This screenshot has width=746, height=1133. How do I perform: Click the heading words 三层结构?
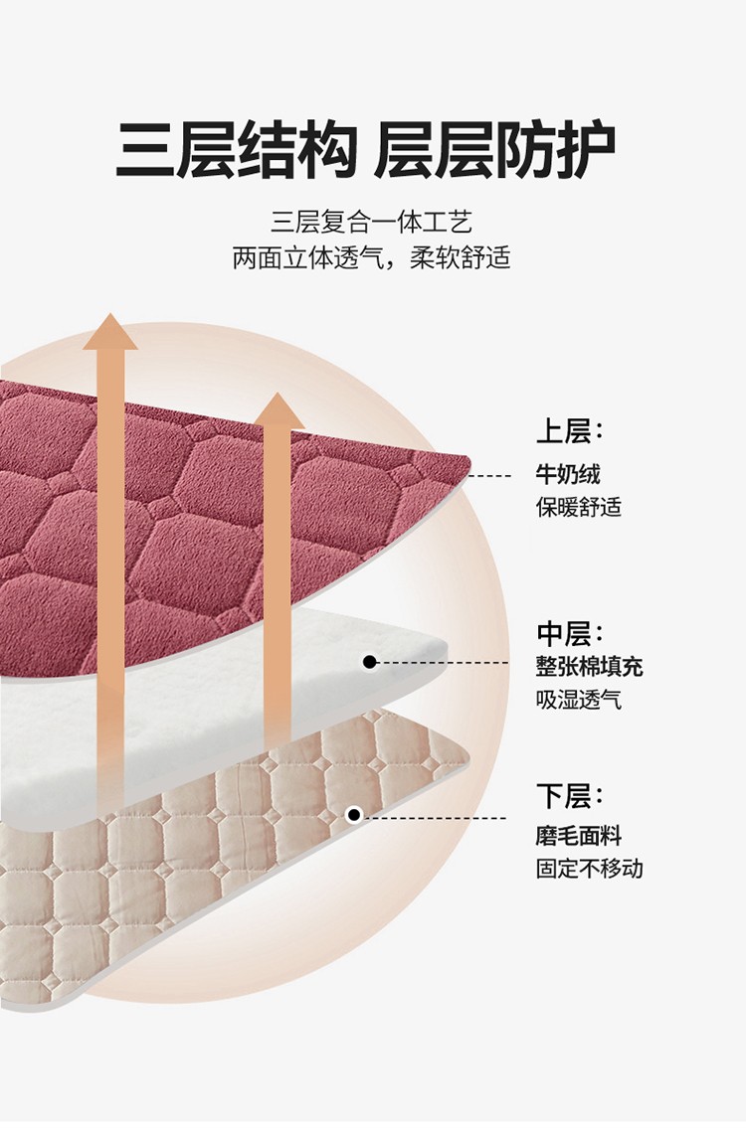pyautogui.click(x=236, y=151)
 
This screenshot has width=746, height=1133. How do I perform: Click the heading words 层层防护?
pyautogui.click(x=494, y=151)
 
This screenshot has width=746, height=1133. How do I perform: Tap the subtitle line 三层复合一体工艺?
pyautogui.click(x=371, y=222)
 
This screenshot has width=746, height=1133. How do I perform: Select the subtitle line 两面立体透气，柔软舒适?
pyautogui.click(x=371, y=257)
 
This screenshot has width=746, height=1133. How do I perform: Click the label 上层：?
pyautogui.click(x=570, y=432)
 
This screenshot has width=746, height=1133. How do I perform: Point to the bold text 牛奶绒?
pyautogui.click(x=568, y=474)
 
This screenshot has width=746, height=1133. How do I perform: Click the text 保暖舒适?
pyautogui.click(x=579, y=506)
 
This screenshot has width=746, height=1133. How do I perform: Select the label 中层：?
pyautogui.click(x=570, y=633)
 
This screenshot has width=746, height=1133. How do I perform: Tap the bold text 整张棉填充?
pyautogui.click(x=590, y=666)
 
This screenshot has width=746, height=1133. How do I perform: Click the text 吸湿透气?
pyautogui.click(x=579, y=699)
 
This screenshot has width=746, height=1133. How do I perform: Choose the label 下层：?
pyautogui.click(x=570, y=796)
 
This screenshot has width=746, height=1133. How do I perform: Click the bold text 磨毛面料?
pyautogui.click(x=579, y=836)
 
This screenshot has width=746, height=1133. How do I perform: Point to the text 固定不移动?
pyautogui.click(x=590, y=868)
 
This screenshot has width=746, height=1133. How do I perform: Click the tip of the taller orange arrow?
pyautogui.click(x=109, y=317)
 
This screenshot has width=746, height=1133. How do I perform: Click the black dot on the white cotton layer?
pyautogui.click(x=369, y=661)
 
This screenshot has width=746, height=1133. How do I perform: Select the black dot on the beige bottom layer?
pyautogui.click(x=353, y=815)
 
